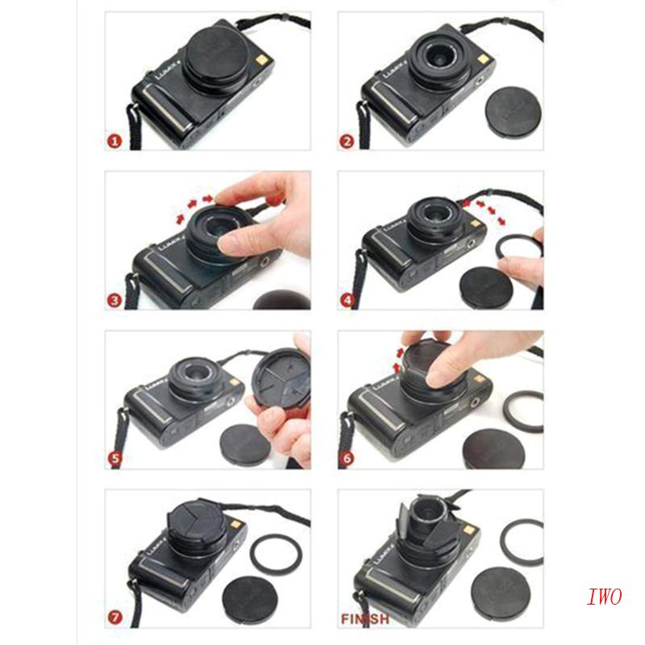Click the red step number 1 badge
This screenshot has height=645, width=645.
coord(115,141)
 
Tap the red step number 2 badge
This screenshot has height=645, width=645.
coord(347,141)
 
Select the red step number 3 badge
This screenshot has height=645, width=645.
coord(115,301)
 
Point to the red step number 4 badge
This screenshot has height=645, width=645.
coord(347,301)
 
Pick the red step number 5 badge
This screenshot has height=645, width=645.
coord(115,460)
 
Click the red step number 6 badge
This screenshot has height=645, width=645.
coord(347,460)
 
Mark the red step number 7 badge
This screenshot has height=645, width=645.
coord(115,619)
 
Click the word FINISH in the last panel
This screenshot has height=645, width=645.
coord(365,619)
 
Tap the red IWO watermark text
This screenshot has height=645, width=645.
coord(603,597)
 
